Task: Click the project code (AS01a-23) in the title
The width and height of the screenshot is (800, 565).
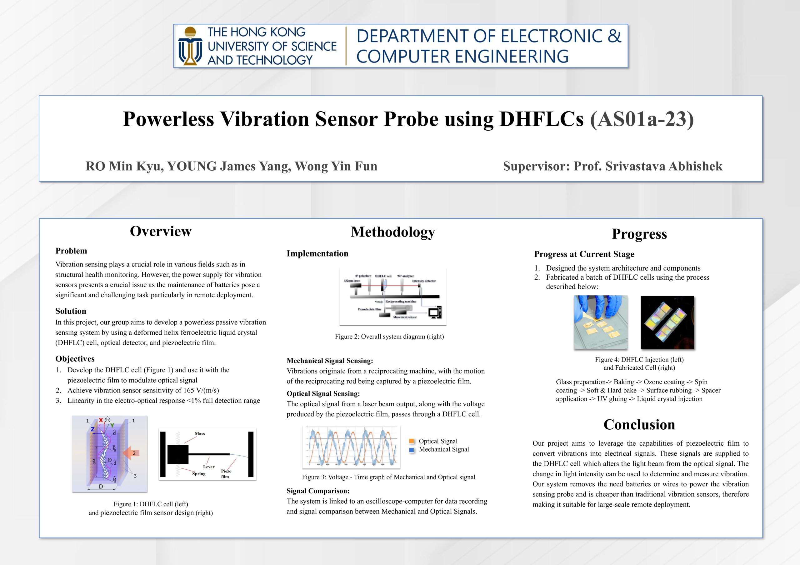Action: tap(642, 119)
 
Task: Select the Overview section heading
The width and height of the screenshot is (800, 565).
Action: tap(161, 231)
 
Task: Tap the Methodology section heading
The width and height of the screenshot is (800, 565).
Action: tap(393, 232)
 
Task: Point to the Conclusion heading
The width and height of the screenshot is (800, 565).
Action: tap(639, 425)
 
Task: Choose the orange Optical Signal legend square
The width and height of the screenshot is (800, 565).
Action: tap(412, 441)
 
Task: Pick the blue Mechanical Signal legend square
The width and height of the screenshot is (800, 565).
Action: tap(412, 450)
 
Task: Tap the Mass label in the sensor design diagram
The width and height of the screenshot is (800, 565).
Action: tap(200, 434)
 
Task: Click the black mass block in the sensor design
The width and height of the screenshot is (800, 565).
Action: tap(178, 454)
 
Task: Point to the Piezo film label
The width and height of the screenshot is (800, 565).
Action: tap(226, 474)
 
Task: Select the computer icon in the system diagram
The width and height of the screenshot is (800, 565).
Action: tap(435, 312)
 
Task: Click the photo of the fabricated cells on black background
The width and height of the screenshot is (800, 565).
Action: tap(667, 322)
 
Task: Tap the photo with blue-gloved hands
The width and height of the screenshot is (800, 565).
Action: tap(600, 322)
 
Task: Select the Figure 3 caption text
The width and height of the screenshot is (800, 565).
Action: tap(388, 477)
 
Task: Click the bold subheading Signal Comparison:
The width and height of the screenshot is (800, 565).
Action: tap(318, 491)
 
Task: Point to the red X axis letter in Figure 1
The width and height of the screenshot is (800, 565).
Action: tap(101, 420)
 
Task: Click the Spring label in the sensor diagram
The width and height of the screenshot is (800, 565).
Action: tap(199, 474)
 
